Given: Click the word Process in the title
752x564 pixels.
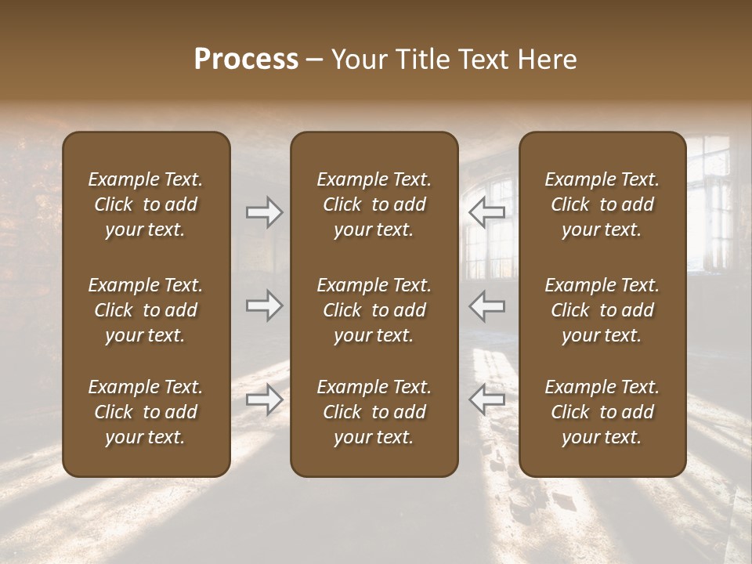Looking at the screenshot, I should point(246,60).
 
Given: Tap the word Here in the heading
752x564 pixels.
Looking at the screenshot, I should point(547,60).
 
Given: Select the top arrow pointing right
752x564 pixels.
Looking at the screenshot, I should point(264,212).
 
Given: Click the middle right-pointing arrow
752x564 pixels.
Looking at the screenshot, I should point(264,305).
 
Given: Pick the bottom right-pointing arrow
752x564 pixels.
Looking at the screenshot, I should point(264,399).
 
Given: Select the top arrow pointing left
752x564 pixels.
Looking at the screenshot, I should point(487,212).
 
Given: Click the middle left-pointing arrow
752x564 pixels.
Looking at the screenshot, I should point(487,305).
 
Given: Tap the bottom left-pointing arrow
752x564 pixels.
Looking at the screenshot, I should point(487,399).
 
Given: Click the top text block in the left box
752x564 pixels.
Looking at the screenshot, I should point(146,204).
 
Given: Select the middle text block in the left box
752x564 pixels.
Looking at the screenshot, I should point(146,310).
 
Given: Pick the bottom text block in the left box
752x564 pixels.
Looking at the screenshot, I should point(146,412).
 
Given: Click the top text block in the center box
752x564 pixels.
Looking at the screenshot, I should point(374,204).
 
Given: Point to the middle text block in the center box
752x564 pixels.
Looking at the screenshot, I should point(374,310).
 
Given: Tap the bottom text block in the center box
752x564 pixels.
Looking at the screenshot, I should point(374,412).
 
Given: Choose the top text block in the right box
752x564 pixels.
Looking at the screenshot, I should point(602,204).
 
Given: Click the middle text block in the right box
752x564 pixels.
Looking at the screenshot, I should point(602,310).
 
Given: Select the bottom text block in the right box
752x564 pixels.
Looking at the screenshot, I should point(602,412).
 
